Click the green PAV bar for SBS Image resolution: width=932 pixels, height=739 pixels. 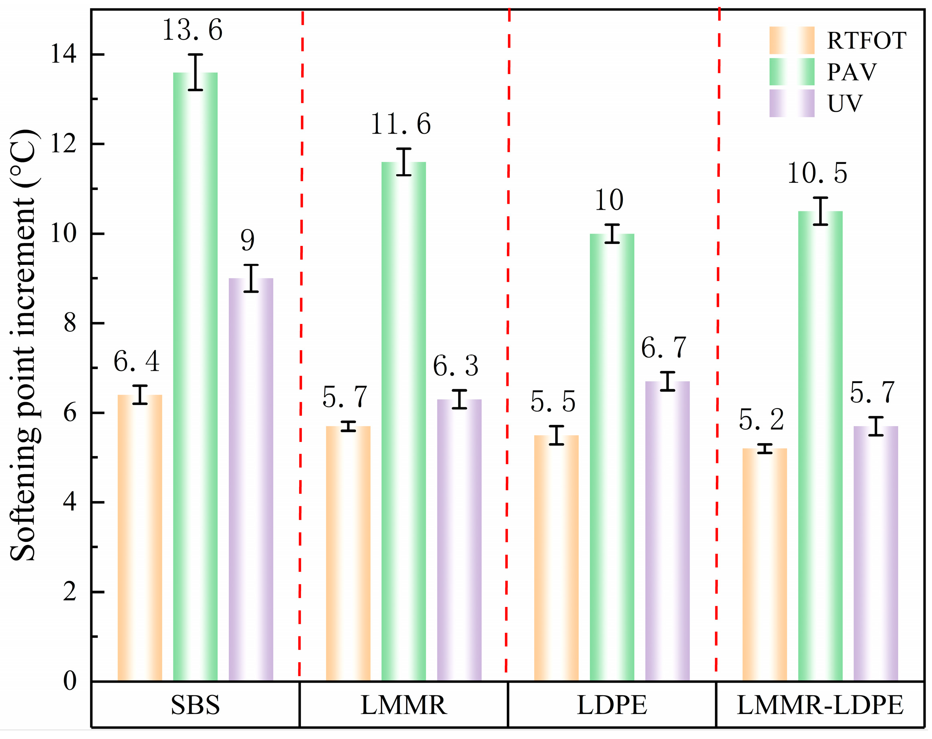pos(195,377)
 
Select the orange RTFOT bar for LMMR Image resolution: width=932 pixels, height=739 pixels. pos(348,554)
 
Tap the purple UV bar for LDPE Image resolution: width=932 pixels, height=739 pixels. pos(668,532)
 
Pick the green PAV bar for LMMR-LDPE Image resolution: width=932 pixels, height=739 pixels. pos(820,446)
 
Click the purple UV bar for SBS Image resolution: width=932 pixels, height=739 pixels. pos(251,480)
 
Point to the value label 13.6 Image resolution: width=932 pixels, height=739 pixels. pos(192,30)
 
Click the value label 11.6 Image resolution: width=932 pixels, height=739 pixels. pos(401,124)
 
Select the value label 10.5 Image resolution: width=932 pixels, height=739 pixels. pos(817,174)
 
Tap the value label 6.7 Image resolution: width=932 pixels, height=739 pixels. pos(663,348)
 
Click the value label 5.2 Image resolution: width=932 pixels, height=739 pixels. pos(761,420)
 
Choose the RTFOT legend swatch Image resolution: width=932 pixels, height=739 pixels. pos(792,40)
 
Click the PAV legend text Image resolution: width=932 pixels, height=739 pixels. pos(852,72)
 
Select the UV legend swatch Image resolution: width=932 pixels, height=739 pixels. pos(792,103)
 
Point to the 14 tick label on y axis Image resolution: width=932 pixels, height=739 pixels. pos(64,55)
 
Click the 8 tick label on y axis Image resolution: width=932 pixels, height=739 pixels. pos(70,323)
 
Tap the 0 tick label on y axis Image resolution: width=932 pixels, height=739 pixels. pos(70,681)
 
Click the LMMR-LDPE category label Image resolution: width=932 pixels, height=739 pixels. pos(820,705)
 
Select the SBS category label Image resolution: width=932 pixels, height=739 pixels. pos(195,705)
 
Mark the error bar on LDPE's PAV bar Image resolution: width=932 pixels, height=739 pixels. pos(612,234)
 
